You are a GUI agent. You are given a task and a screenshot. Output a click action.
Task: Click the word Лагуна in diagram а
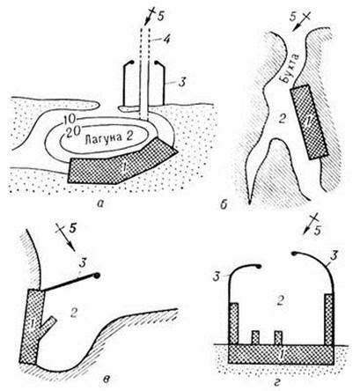102,137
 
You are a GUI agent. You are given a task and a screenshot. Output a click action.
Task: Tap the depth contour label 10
70,119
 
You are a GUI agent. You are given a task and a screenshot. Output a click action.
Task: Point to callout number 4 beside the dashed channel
166,39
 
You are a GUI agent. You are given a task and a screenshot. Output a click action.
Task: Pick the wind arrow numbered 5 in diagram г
310,224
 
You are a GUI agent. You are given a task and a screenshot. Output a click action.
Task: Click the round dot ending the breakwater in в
97,276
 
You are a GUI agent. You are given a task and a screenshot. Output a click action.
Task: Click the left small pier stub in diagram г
255,337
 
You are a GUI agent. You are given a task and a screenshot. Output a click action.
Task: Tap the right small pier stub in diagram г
278,337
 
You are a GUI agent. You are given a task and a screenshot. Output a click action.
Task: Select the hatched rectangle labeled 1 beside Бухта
309,122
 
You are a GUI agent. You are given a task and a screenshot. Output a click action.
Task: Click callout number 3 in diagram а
182,83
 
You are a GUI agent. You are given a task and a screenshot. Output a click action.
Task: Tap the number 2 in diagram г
280,301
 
